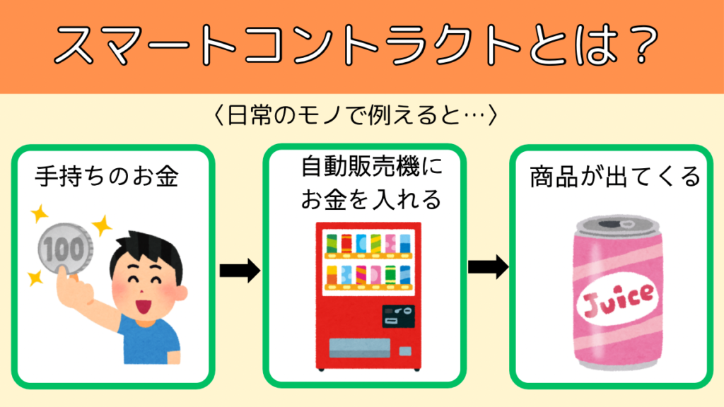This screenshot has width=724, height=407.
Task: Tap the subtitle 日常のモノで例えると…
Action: [x=356, y=115]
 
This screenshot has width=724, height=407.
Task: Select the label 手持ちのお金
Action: [x=107, y=177]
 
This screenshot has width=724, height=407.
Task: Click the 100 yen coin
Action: [x=64, y=249]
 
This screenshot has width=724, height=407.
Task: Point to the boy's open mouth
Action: [x=144, y=305]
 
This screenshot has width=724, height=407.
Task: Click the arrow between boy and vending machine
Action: [x=240, y=271]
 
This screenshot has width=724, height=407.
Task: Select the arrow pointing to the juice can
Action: [x=488, y=266]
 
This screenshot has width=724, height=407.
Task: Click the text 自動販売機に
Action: [x=372, y=167]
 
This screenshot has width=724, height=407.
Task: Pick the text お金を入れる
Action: [x=371, y=200]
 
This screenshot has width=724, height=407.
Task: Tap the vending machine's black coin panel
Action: [x=398, y=316]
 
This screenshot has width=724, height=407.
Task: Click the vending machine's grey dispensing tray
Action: [x=360, y=348]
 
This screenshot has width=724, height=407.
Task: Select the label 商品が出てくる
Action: [x=615, y=177]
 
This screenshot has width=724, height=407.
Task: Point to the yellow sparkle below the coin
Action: [x=35, y=278]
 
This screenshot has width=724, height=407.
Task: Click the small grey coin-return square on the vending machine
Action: [x=405, y=351]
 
